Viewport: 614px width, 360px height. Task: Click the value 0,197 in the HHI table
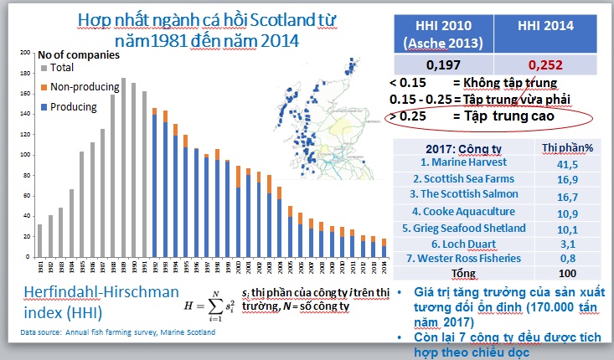[444, 64]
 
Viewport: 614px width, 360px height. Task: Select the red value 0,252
[545, 64]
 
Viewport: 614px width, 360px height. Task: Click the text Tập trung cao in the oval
[503, 117]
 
